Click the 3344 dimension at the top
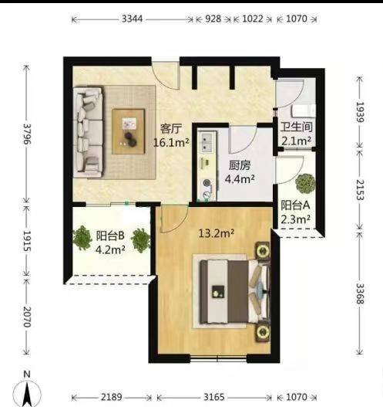[132, 19]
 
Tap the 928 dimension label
[213, 19]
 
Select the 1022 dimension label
[253, 19]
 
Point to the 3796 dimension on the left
[27, 134]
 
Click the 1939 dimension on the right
[360, 112]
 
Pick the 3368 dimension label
[360, 293]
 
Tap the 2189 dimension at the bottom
[111, 397]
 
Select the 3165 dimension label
[214, 397]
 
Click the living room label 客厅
[171, 129]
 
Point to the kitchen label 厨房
[240, 165]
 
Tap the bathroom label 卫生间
[297, 127]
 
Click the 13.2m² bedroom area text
[217, 233]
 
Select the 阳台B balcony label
[110, 236]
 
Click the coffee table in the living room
[128, 131]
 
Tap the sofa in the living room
[88, 132]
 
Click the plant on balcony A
[306, 184]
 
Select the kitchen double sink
[207, 142]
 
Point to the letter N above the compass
[27, 375]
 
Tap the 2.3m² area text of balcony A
[296, 219]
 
